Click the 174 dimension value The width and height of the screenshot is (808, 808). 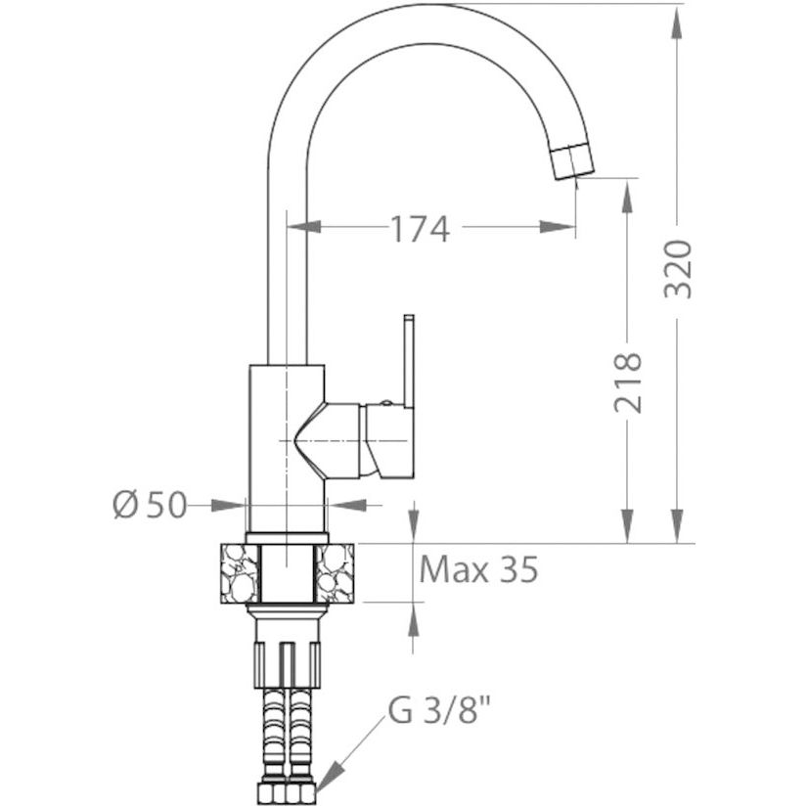421,229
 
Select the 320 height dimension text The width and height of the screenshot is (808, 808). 677,268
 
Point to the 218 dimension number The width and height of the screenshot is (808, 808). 628,382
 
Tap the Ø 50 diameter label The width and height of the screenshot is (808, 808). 150,505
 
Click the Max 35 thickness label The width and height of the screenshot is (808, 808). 478,569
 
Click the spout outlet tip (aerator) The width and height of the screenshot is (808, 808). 572,161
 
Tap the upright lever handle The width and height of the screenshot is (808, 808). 409,361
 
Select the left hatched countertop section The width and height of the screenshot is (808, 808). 240,573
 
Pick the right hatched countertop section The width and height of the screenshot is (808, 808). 335,573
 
